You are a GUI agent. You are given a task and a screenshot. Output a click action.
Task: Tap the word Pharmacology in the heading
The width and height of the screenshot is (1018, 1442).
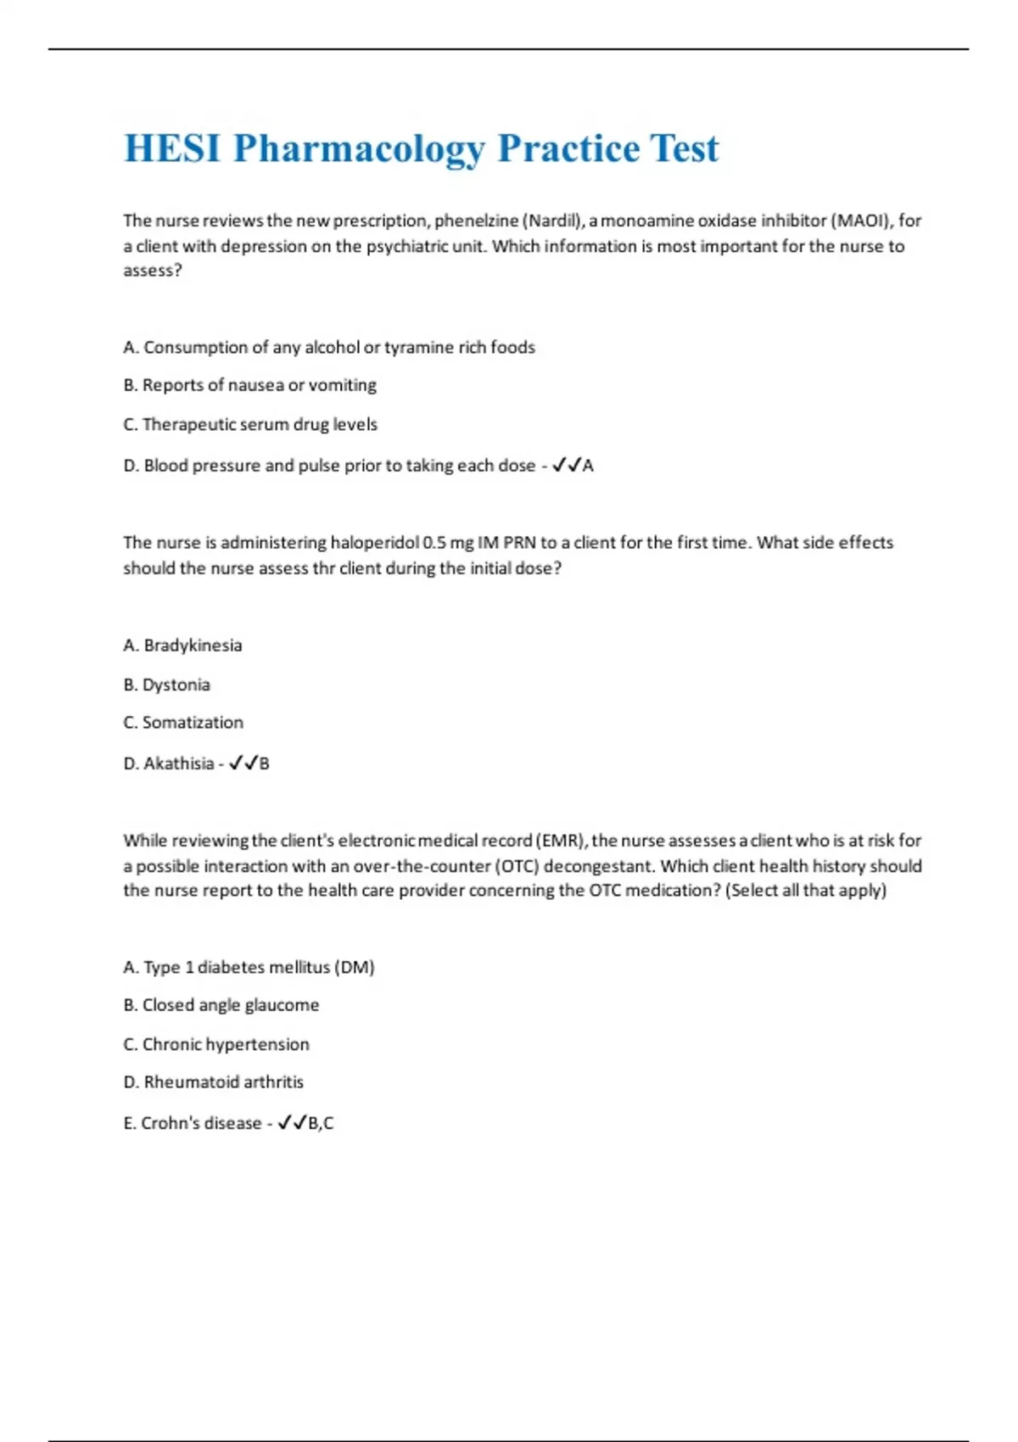pos(359,148)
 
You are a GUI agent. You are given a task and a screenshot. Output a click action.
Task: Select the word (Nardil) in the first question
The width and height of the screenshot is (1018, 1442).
pos(552,221)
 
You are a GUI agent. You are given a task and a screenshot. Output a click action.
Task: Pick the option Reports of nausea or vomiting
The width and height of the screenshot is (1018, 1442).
pos(249,386)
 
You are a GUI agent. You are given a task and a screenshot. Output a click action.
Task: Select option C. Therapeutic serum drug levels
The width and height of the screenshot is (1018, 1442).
pos(250,425)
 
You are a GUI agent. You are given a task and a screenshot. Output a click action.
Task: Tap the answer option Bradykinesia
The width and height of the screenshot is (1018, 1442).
pos(182,646)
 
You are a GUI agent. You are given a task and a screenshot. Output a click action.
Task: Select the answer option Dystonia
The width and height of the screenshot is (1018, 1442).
pos(166,685)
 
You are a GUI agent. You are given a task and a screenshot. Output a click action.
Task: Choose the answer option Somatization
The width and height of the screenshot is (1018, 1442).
pos(183,723)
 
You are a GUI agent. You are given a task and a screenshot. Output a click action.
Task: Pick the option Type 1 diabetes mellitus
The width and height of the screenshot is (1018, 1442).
pos(249,968)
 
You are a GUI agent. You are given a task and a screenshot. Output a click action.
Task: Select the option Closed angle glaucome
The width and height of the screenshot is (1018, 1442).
pos(221,1005)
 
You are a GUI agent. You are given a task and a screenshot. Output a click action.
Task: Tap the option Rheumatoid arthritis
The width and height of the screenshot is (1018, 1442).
pos(213,1082)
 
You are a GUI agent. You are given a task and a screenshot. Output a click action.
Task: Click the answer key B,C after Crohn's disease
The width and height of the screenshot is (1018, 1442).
pos(321,1124)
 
